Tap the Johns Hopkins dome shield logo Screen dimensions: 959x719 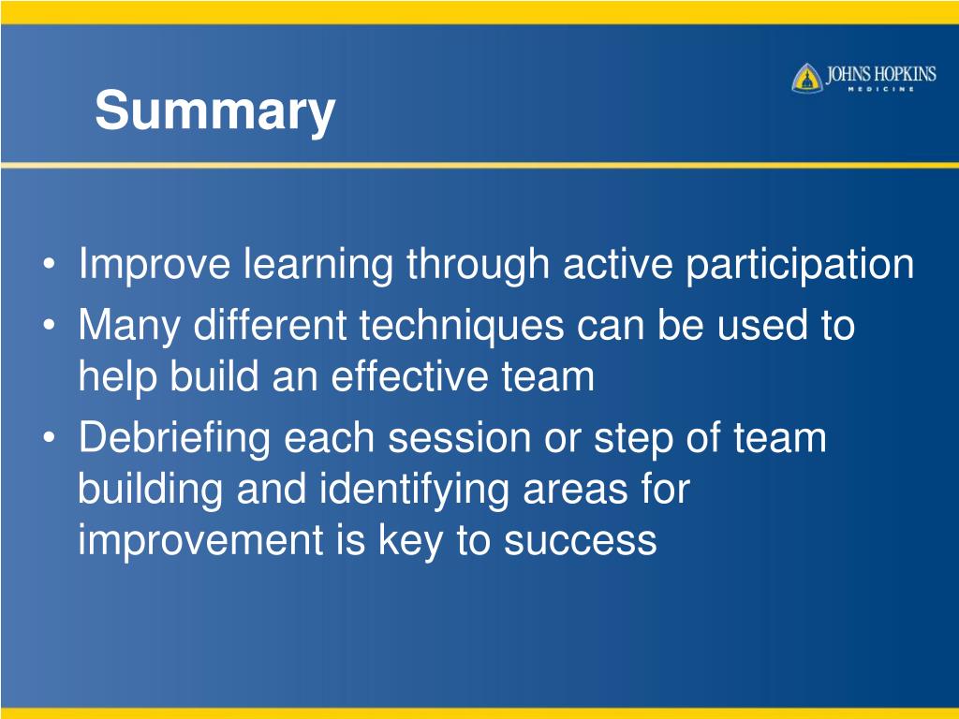pos(806,79)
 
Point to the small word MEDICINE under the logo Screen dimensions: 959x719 pos(880,89)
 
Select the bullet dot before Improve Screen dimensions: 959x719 pos(50,265)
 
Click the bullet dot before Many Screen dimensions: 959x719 pos(50,325)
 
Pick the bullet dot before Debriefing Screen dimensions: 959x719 pos(50,438)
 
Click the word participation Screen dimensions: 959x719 pos(800,265)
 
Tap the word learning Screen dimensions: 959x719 pos(318,265)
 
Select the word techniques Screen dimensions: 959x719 pos(461,325)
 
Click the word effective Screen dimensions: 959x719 pos(410,376)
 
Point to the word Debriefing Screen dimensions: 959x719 pos(174,439)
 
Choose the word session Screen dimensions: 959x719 pos(459,439)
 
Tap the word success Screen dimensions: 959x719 pos(581,541)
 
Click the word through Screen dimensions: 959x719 pos(478,265)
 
